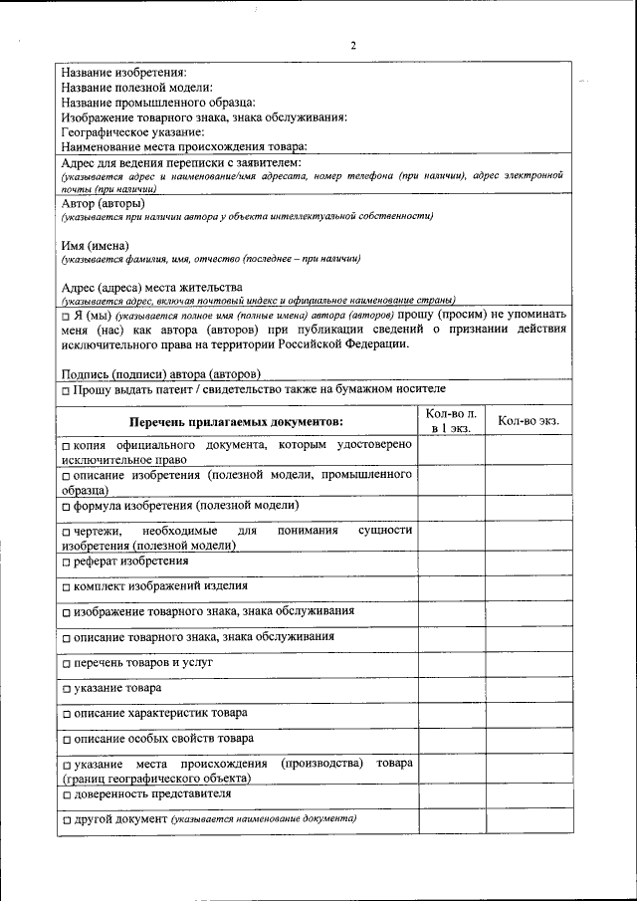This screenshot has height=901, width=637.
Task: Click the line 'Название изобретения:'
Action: [x=123, y=73]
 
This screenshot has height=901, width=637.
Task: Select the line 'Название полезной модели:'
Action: [x=136, y=88]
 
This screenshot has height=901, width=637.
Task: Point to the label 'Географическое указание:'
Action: [x=132, y=131]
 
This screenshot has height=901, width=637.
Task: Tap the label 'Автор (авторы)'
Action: [x=103, y=203]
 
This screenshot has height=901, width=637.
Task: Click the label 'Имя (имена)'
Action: [x=96, y=245]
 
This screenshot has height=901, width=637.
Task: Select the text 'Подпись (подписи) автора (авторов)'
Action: [x=160, y=373]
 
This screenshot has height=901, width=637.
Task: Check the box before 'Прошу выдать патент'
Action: [x=66, y=389]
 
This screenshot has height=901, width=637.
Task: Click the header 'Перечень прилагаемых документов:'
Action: [x=235, y=423]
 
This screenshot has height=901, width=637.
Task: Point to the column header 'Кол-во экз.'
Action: [x=529, y=421]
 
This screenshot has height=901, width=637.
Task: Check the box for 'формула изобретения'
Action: [x=66, y=507]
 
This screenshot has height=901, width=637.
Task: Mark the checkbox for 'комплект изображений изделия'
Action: [x=66, y=587]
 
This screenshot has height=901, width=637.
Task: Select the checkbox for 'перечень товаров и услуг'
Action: [x=66, y=663]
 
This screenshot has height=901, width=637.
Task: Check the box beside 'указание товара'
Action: [x=66, y=689]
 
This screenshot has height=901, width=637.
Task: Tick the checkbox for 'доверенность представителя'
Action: [x=66, y=794]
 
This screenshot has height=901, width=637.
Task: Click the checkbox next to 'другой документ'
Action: [x=66, y=820]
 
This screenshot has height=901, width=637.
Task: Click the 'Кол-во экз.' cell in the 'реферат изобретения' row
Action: [x=529, y=562]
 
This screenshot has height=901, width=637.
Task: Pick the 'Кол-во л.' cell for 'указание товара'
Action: [x=451, y=689]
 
